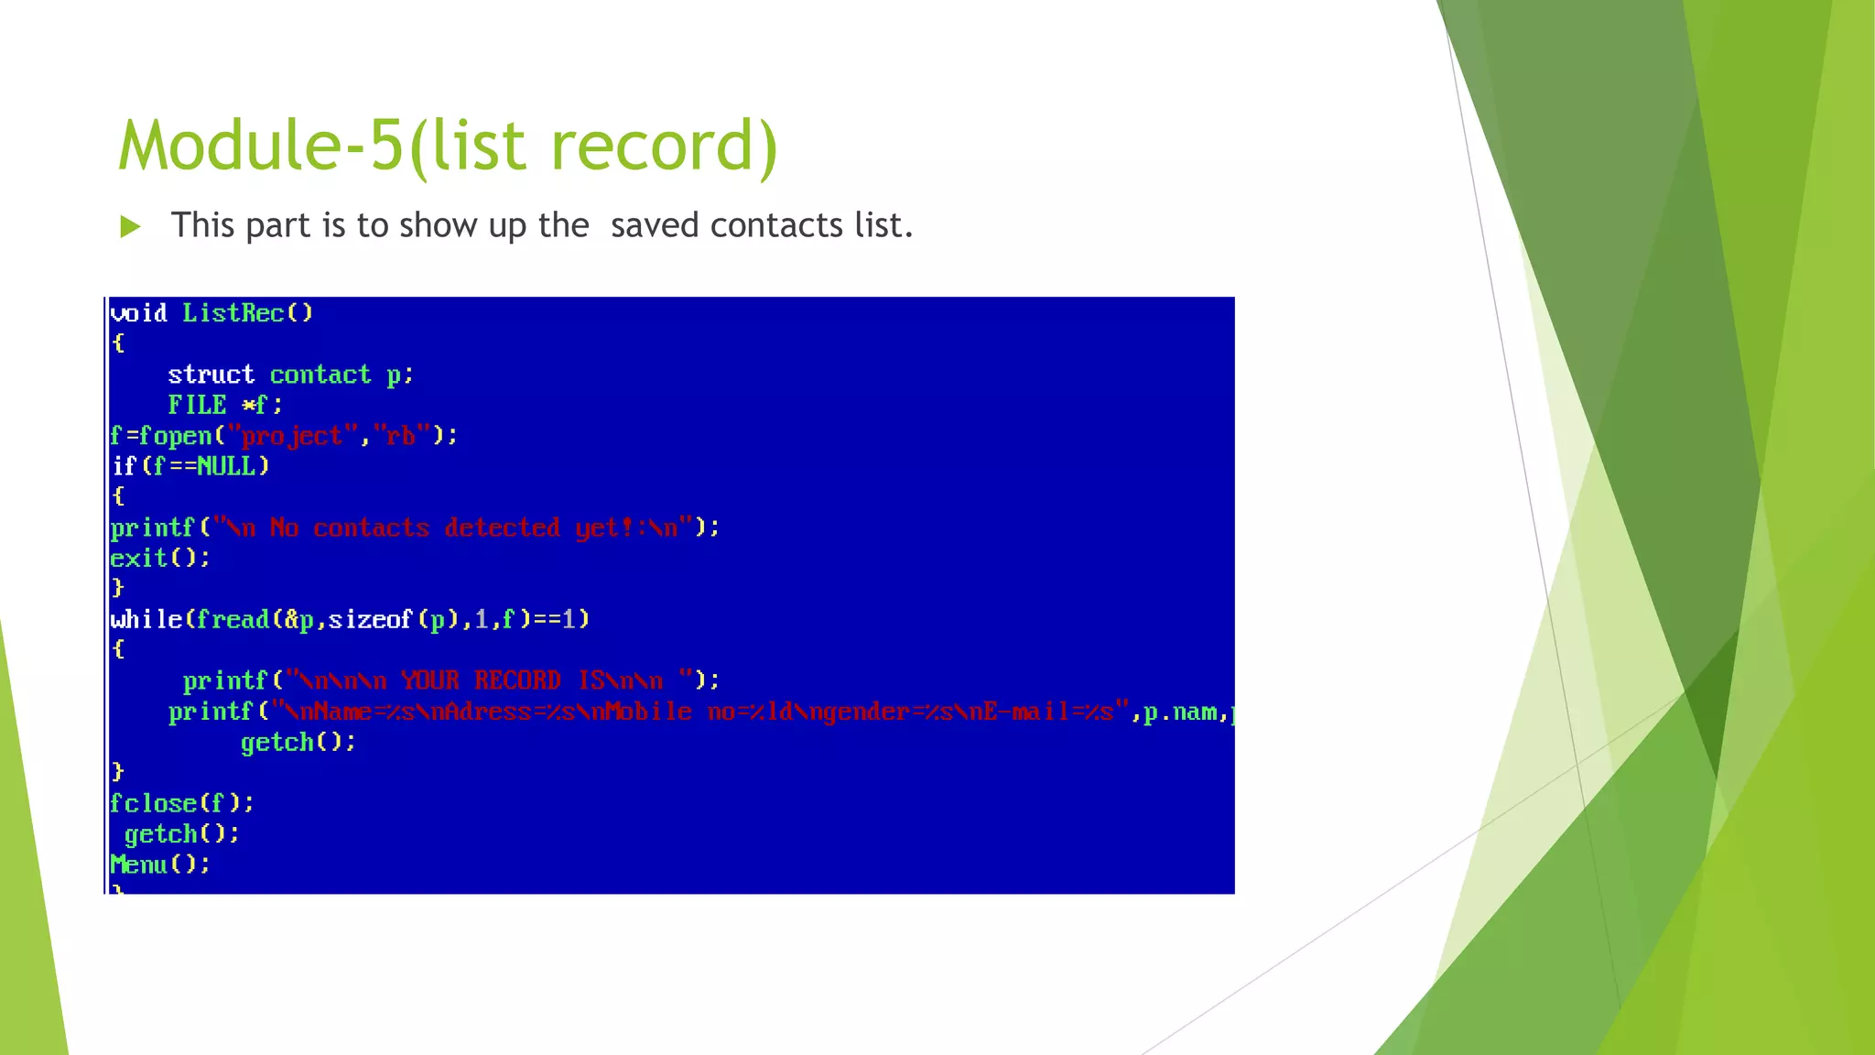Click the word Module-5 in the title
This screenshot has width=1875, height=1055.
[x=261, y=147]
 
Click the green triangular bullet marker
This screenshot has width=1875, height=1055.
[x=131, y=226]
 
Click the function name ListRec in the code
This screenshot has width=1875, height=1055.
[x=233, y=313]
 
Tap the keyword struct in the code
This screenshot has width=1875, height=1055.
[x=211, y=375]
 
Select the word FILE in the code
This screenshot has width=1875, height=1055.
[x=197, y=405]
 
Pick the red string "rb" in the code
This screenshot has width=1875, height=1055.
[x=401, y=436]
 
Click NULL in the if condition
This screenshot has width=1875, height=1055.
[x=226, y=466]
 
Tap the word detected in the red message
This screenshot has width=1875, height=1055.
[x=502, y=527]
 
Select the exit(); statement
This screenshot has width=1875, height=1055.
[x=159, y=558]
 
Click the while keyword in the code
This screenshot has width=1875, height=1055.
[x=146, y=620]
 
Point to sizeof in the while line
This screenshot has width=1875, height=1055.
[x=371, y=620]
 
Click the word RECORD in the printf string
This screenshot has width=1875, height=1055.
[x=517, y=680]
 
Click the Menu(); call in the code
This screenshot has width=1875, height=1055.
[x=159, y=865]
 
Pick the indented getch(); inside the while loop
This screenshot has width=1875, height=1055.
[x=298, y=742]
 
